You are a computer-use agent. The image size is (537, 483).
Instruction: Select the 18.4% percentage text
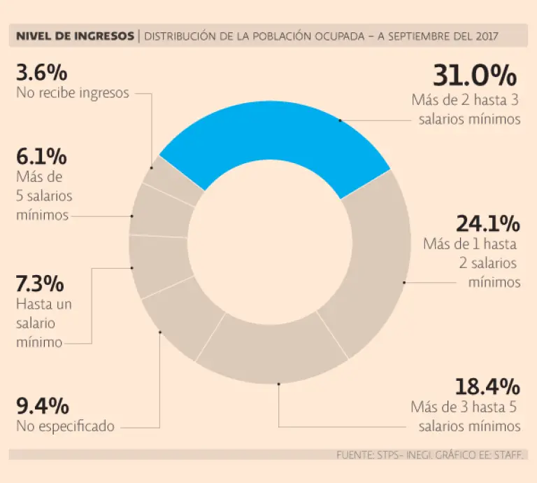(x=487, y=386)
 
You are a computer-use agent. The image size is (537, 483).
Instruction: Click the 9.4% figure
(x=42, y=406)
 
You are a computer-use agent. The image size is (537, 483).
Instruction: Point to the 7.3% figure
(x=40, y=284)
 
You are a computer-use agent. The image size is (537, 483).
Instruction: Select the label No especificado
(x=65, y=426)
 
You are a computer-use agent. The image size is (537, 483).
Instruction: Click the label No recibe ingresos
(x=72, y=93)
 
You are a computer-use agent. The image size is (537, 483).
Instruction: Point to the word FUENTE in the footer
(x=354, y=455)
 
